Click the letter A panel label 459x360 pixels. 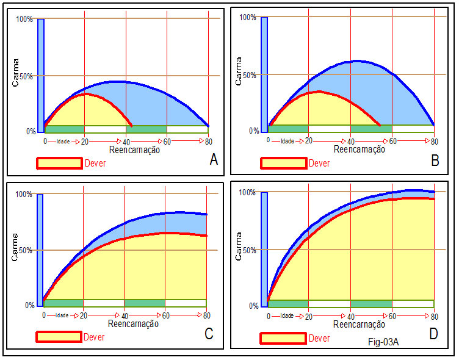[x=213, y=160]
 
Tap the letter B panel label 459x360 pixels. [x=435, y=160]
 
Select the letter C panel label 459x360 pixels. [x=209, y=334]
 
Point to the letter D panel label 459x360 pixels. [x=433, y=334]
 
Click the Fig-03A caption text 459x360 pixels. [x=383, y=342]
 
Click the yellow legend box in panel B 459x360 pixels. [x=283, y=164]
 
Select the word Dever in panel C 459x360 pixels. [x=95, y=337]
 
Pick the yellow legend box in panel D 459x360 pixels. [x=283, y=338]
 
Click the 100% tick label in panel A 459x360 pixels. [x=24, y=19]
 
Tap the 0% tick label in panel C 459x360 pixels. [x=29, y=305]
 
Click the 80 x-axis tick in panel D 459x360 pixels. [x=434, y=317]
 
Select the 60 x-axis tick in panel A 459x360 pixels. [x=167, y=141]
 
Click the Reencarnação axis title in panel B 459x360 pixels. [x=360, y=149]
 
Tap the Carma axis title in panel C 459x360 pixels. [x=15, y=250]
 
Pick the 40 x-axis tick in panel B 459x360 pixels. [x=350, y=141]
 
